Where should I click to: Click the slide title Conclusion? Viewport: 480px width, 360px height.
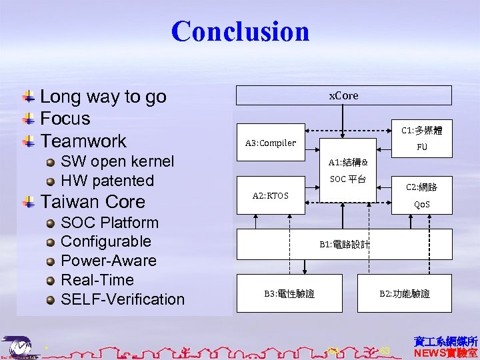click(x=240, y=31)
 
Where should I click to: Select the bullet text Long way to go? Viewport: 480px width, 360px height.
click(x=103, y=97)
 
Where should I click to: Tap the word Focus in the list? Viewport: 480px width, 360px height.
click(x=65, y=119)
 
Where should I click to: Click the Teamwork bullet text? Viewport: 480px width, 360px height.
click(x=83, y=141)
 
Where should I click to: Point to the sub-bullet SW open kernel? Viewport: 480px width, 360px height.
click(x=117, y=161)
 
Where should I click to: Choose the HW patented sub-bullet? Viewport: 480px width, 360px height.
click(x=107, y=181)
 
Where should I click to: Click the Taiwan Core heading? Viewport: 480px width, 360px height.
click(x=92, y=201)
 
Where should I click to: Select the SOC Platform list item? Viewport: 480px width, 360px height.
click(x=109, y=223)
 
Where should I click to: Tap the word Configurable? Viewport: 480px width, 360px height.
click(x=105, y=241)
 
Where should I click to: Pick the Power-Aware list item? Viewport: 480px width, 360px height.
click(x=108, y=261)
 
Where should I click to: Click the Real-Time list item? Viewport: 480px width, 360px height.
click(x=97, y=280)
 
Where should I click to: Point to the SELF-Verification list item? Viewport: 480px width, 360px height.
click(x=122, y=299)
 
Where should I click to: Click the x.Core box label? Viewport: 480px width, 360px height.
click(x=343, y=95)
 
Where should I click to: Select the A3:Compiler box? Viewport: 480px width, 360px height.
click(x=270, y=142)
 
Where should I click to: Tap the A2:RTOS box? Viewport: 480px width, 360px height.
click(x=270, y=195)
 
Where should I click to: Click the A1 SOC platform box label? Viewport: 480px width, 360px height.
click(x=351, y=171)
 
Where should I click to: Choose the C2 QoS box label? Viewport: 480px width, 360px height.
click(x=421, y=196)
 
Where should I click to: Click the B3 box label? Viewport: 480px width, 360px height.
click(x=289, y=293)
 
